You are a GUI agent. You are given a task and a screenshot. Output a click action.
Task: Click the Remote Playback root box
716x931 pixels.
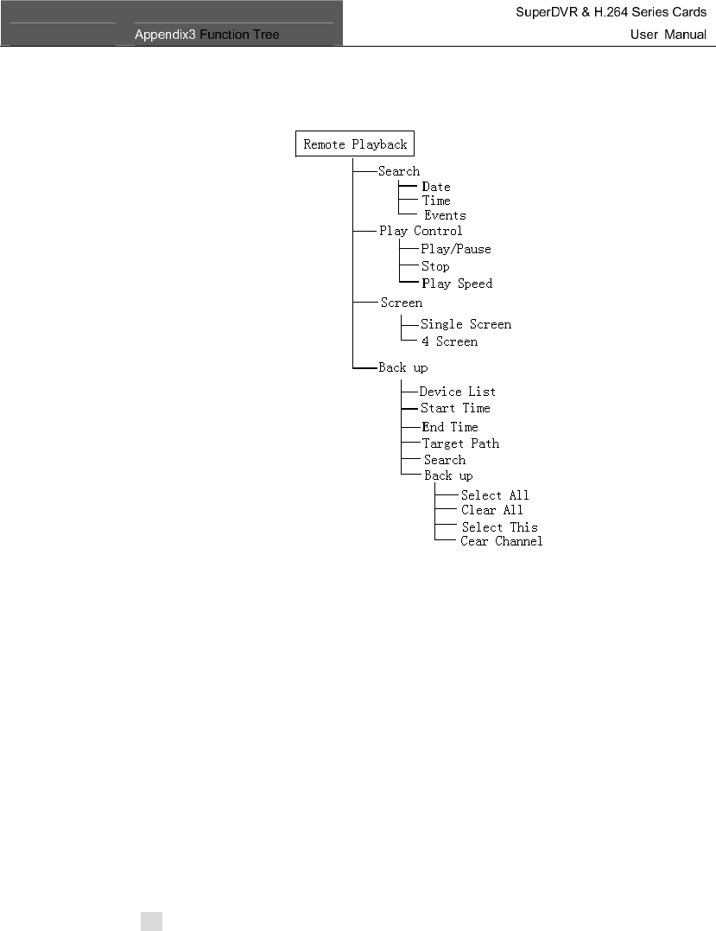(x=355, y=144)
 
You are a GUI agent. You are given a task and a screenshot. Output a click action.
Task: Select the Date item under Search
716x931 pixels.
(x=436, y=187)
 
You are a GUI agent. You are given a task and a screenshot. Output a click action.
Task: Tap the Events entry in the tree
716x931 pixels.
(x=445, y=215)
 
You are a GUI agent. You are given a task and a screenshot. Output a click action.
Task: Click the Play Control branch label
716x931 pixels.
(x=421, y=231)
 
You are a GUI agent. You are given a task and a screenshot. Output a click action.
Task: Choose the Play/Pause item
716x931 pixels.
(x=456, y=249)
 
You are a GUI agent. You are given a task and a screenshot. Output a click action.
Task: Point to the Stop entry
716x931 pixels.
(x=435, y=266)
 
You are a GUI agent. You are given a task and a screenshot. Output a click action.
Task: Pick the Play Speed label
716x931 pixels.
(x=457, y=284)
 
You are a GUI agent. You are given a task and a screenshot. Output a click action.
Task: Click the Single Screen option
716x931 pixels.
(x=466, y=324)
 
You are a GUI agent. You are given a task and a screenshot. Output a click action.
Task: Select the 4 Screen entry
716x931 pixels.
(x=449, y=341)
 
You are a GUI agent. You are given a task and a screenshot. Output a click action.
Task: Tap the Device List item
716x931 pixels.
(x=458, y=392)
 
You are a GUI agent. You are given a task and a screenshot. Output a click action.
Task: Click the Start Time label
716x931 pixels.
(x=455, y=408)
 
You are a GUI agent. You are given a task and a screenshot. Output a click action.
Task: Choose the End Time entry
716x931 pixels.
(x=450, y=427)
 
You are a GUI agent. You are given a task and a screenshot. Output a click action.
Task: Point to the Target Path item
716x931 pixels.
(x=460, y=443)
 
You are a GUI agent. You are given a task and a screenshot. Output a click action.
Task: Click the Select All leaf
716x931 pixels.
(x=495, y=495)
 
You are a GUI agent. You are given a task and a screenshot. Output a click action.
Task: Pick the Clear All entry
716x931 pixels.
(x=491, y=510)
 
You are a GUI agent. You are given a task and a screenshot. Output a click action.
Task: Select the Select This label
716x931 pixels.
(x=499, y=527)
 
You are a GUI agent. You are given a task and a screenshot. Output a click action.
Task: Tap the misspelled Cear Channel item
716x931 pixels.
(x=502, y=541)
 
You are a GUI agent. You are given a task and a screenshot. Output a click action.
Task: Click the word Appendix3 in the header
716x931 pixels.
(x=166, y=35)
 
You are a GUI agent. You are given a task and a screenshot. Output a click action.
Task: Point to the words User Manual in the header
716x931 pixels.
(x=668, y=35)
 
